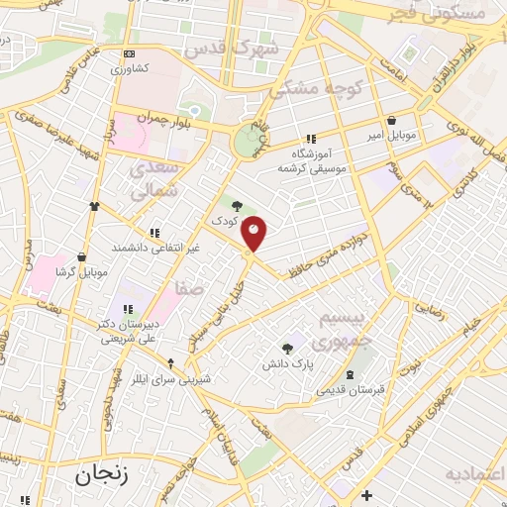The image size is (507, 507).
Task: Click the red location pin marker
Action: [x=254, y=233]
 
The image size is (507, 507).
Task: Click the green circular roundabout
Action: [x=247, y=142]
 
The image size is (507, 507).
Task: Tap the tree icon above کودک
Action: [x=235, y=204]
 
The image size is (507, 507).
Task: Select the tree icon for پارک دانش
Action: [x=287, y=349]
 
